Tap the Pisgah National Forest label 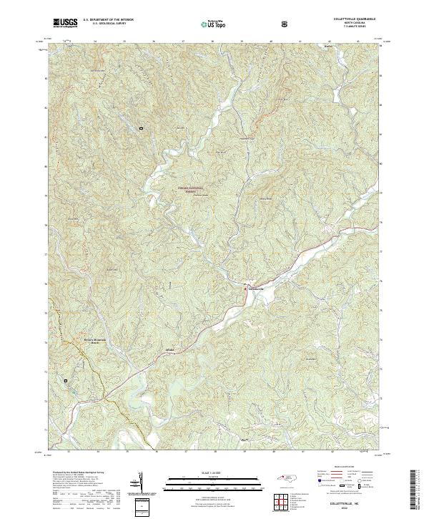tap(190, 189)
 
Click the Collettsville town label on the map tap(255, 288)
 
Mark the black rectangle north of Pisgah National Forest tap(142, 128)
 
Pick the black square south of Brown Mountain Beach tap(66, 381)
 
